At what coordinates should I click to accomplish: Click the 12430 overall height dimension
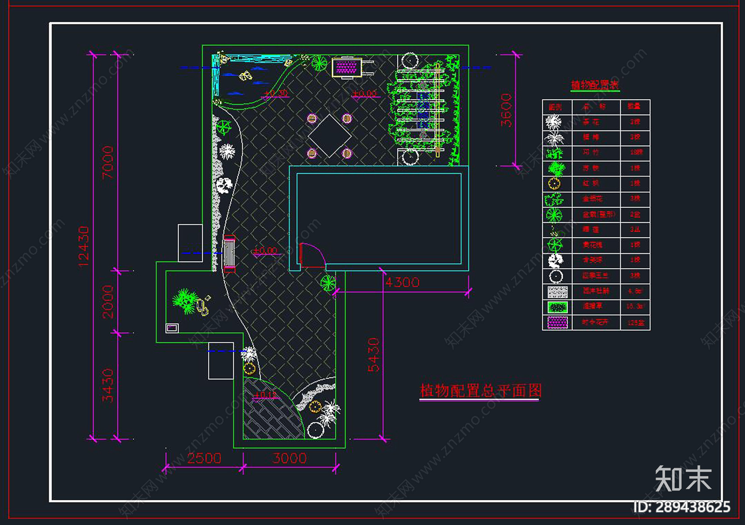click(x=83, y=246)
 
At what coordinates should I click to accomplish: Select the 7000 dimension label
click(x=108, y=162)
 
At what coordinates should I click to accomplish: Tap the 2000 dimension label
click(x=108, y=302)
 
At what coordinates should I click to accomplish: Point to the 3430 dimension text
click(x=108, y=385)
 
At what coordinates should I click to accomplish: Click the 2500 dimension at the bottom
click(x=204, y=458)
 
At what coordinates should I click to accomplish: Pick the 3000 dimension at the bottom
click(x=289, y=458)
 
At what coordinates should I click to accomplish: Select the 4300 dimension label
click(x=402, y=282)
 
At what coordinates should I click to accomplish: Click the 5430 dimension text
click(x=373, y=355)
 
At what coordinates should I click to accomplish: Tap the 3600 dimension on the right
click(x=506, y=110)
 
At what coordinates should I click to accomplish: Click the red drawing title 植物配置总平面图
click(x=481, y=391)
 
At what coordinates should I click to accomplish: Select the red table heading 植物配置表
click(x=595, y=85)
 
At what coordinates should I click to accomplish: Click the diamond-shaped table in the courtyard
click(x=329, y=136)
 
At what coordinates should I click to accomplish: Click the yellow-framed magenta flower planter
click(x=346, y=68)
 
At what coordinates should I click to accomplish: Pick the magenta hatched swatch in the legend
click(x=557, y=322)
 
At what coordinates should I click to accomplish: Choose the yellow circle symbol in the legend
click(x=554, y=184)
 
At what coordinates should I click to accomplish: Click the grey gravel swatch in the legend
click(x=557, y=292)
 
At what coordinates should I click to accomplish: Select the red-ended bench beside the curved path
click(x=229, y=253)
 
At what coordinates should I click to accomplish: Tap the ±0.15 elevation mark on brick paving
click(x=265, y=395)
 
